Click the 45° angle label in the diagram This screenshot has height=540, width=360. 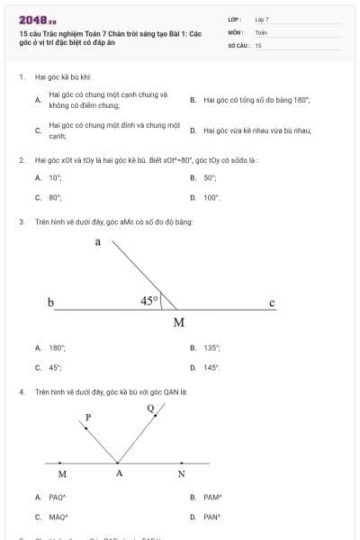(x=149, y=301)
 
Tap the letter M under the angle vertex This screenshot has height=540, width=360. (x=178, y=323)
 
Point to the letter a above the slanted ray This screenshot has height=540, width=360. (x=97, y=241)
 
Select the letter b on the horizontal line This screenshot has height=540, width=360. (x=51, y=302)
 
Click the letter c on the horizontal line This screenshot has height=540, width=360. (x=272, y=302)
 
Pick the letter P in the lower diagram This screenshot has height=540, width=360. (x=88, y=417)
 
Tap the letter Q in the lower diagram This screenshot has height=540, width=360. (x=150, y=408)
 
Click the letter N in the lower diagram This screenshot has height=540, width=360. (x=181, y=474)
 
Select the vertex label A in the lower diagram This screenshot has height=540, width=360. (x=118, y=474)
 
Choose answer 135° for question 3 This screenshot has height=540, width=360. (x=211, y=347)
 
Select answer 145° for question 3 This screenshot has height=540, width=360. (x=211, y=367)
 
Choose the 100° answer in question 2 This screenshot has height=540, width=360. (x=211, y=197)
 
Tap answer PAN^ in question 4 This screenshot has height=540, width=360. (x=212, y=517)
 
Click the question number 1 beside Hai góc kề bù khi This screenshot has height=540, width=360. (x=21, y=77)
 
